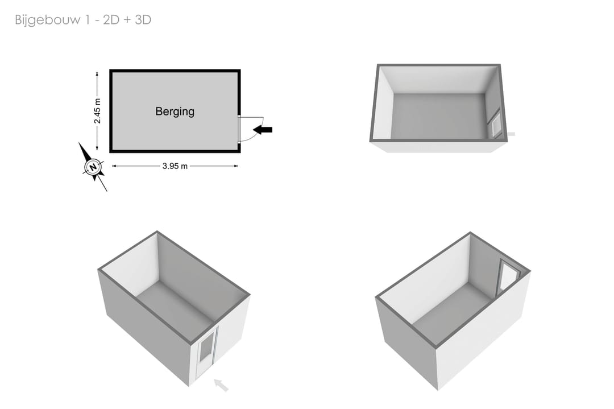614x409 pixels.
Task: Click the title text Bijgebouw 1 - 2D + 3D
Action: [83, 20]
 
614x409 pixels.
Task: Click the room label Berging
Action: [175, 111]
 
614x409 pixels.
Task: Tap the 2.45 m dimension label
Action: [97, 111]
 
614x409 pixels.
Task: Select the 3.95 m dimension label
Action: [175, 166]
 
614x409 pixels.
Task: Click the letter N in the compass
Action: [93, 167]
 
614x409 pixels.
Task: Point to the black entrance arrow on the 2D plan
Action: [263, 129]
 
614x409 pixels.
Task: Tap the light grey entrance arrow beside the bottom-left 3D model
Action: [221, 385]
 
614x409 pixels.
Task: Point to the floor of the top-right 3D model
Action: [438, 116]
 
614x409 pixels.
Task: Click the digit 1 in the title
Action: [88, 20]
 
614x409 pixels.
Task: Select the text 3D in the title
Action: [143, 20]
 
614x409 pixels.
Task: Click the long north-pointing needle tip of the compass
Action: [79, 143]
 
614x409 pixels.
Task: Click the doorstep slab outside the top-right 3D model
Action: [511, 134]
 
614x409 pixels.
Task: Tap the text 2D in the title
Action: [111, 20]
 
